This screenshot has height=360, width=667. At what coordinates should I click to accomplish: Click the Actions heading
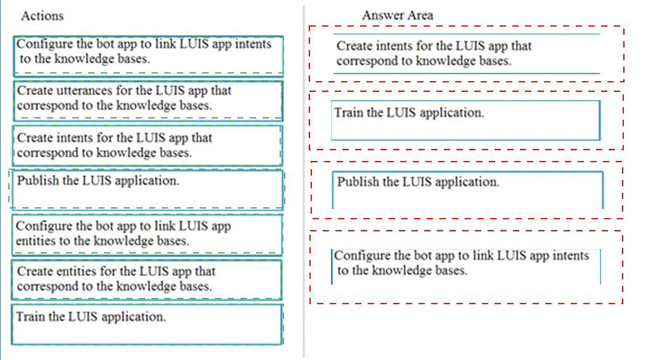click(42, 16)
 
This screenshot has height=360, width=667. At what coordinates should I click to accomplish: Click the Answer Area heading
click(398, 15)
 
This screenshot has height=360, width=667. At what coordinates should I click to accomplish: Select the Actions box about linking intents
click(148, 56)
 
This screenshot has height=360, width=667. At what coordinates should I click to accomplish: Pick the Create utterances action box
click(148, 101)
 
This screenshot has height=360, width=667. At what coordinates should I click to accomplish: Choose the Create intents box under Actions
click(147, 145)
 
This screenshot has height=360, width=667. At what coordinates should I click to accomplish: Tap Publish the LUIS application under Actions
click(147, 190)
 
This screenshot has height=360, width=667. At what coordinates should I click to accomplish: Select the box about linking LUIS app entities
click(147, 235)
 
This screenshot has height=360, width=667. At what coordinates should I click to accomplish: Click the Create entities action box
click(146, 280)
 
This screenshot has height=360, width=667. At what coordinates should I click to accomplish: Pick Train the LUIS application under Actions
click(147, 325)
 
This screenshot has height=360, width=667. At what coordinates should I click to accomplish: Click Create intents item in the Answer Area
click(466, 53)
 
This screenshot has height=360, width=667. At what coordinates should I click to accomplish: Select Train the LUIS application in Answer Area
click(465, 120)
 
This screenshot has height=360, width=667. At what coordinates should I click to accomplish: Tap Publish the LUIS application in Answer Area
click(467, 190)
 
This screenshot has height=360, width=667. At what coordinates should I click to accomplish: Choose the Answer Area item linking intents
click(466, 266)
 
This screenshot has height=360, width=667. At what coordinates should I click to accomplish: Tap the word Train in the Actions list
click(30, 317)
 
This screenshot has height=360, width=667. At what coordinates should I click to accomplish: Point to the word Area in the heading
click(420, 15)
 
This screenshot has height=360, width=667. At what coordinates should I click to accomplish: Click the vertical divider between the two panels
click(304, 181)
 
